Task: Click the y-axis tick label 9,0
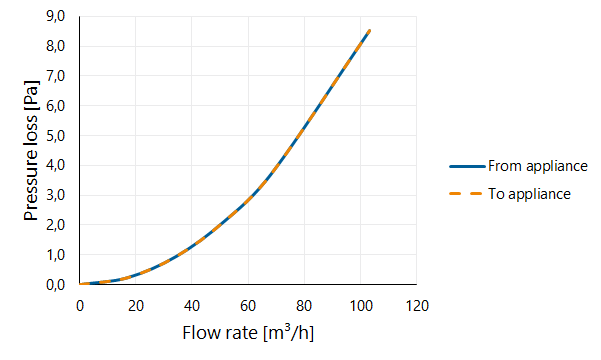(56, 17)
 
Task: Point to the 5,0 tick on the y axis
(56, 136)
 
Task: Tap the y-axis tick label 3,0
(56, 196)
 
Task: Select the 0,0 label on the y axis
(56, 285)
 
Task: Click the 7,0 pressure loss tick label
(56, 77)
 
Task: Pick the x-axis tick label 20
(136, 306)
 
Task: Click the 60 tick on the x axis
(248, 306)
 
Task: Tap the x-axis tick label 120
(417, 306)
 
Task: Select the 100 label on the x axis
(361, 306)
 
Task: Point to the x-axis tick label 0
(80, 306)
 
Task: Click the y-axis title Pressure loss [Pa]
(31, 150)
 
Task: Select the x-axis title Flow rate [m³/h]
(248, 332)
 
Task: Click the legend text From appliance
(538, 166)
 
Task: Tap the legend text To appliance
(529, 194)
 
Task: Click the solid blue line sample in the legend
(467, 166)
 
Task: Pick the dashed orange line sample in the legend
(465, 194)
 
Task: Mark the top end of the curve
(369, 31)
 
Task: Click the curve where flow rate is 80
(304, 127)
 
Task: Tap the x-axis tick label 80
(304, 306)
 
